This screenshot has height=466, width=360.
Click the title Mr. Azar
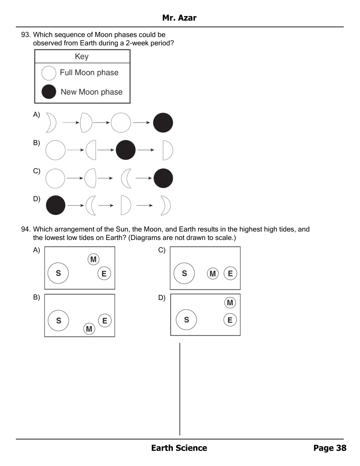tap(179, 18)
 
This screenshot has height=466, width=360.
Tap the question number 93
tap(25, 35)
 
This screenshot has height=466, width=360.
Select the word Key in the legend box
tap(82, 56)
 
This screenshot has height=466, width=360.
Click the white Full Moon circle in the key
tap(49, 73)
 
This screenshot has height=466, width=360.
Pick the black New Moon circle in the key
tap(49, 92)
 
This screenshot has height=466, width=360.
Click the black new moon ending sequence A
tap(163, 123)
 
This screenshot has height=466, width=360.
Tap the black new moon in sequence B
tap(126, 150)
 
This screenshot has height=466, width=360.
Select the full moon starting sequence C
tap(55, 178)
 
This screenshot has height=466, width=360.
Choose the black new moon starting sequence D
tap(56, 205)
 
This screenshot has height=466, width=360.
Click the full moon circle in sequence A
tap(121, 123)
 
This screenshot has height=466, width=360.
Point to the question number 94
tap(25, 229)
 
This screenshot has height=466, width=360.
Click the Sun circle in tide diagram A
tap(58, 273)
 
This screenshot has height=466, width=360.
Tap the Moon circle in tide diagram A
tap(93, 260)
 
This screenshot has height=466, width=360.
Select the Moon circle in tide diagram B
tap(89, 329)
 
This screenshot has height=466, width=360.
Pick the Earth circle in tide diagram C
tap(230, 273)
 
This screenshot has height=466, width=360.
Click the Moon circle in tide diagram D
tap(230, 303)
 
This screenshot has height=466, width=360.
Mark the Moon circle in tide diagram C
tap(213, 273)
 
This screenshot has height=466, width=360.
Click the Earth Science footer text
tap(179, 448)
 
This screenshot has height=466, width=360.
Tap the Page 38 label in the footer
tap(329, 448)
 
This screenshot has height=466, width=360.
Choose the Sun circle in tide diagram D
tap(186, 320)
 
